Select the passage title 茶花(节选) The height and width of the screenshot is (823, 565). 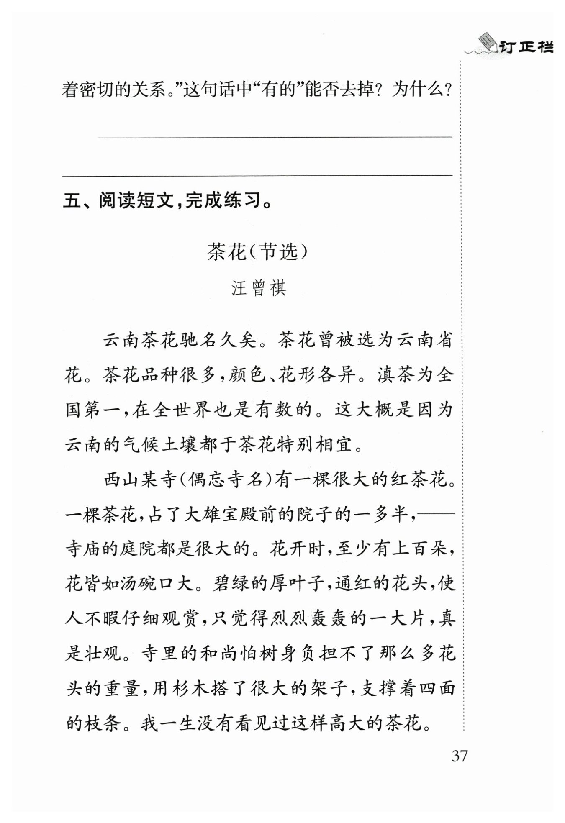tap(258, 252)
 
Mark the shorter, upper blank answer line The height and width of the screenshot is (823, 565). tap(275, 136)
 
